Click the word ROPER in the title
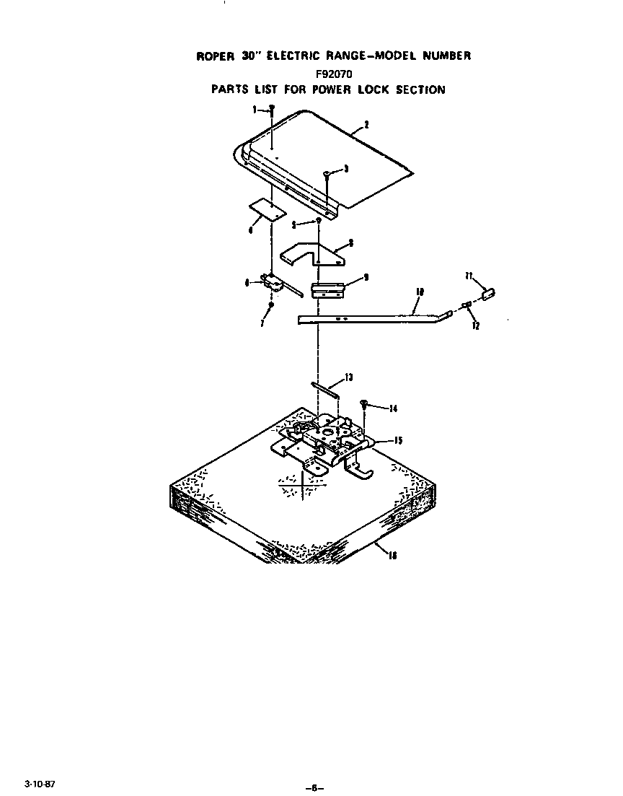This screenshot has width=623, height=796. click(214, 56)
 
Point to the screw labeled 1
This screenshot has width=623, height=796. click(272, 109)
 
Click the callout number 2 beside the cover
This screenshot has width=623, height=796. click(366, 125)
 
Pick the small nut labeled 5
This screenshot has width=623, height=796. click(318, 219)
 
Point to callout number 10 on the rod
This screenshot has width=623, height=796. click(420, 291)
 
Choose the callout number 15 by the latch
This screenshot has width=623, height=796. click(398, 440)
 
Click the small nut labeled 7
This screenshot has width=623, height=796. click(270, 305)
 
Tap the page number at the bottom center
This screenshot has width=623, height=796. click(313, 787)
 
